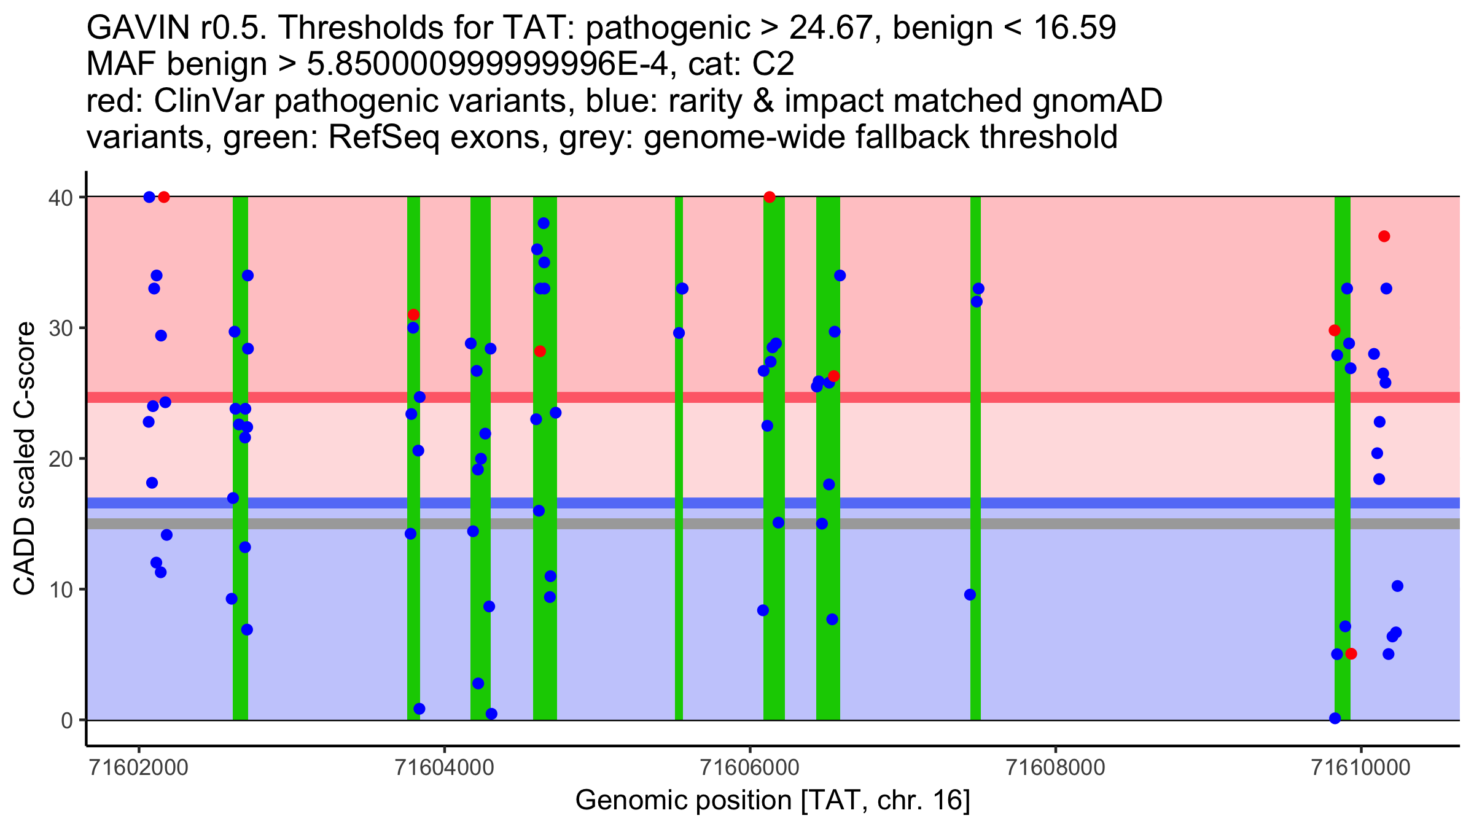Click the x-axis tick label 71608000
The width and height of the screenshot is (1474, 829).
1055,768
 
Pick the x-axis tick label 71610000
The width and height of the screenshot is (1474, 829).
1361,768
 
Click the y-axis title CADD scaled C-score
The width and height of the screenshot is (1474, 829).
25,459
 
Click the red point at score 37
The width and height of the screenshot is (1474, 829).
1384,236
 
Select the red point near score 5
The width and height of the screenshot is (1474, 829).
1351,653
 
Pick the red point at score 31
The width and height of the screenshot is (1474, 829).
413,315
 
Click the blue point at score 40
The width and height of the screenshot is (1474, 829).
149,197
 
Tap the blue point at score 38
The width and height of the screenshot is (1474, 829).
544,224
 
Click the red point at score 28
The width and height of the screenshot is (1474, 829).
540,351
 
